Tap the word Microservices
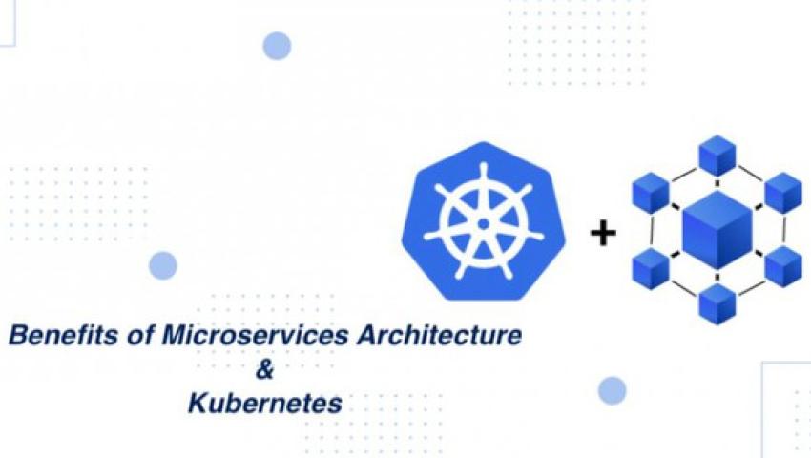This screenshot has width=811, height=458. click(x=255, y=335)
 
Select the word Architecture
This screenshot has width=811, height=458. click(x=439, y=335)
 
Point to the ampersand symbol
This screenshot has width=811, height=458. click(x=264, y=369)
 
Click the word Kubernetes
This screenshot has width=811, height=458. click(x=265, y=403)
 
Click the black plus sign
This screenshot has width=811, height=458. click(x=603, y=233)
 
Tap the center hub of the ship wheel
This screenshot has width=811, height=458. click(x=484, y=224)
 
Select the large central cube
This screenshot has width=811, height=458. click(x=717, y=230)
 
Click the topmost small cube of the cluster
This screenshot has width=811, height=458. click(x=717, y=156)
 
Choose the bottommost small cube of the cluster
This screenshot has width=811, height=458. click(x=717, y=304)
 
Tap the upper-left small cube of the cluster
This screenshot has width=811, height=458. click(x=651, y=193)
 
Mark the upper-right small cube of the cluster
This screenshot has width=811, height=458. click(x=783, y=193)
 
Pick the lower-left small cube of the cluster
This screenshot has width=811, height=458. click(x=651, y=267)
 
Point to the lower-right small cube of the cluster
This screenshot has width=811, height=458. click(x=783, y=267)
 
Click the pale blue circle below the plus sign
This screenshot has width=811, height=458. click(x=613, y=390)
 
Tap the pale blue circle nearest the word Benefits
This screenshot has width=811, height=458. click(x=163, y=265)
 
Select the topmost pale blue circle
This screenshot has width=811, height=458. click(x=277, y=46)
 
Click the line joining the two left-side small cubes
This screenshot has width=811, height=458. click(x=652, y=230)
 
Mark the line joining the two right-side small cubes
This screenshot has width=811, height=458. click(x=784, y=230)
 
